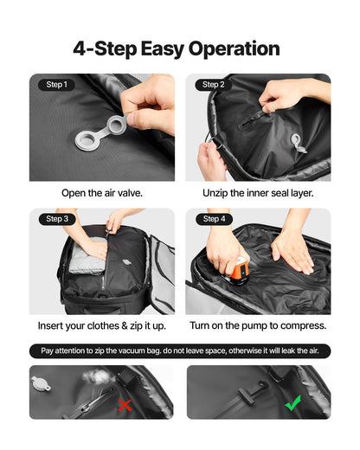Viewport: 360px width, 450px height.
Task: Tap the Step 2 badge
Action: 214,85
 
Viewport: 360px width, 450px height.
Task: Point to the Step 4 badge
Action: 214,220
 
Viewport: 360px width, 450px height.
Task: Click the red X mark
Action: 125,405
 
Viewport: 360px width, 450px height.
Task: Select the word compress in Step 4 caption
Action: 299,326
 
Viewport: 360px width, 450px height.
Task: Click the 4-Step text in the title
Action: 108,48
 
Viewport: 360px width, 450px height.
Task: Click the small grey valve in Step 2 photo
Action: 295,141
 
